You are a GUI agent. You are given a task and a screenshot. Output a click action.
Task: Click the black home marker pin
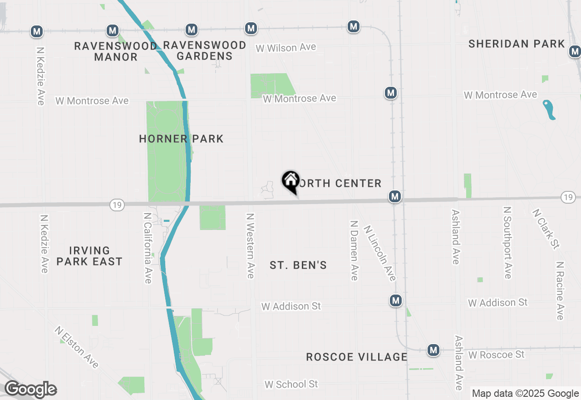(x=290, y=181)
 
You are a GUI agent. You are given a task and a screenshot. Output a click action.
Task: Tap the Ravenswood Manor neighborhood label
(x=116, y=51)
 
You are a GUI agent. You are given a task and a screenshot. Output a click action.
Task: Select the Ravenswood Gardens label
(x=204, y=50)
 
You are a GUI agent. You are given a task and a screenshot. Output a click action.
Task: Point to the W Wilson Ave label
(x=286, y=48)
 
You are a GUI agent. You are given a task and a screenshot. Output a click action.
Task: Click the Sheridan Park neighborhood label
(x=517, y=44)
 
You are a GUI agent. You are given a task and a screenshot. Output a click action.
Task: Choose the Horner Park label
(x=181, y=139)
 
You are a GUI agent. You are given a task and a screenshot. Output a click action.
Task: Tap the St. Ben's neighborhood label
(x=298, y=265)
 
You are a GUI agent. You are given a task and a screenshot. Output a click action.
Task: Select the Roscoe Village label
(x=357, y=357)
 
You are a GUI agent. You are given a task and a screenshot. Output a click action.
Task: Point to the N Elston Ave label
(x=77, y=347)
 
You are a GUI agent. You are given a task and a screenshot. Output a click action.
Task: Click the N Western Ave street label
(x=250, y=245)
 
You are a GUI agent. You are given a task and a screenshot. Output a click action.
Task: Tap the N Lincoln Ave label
(x=380, y=253)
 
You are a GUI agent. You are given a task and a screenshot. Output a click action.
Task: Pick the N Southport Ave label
(x=507, y=242)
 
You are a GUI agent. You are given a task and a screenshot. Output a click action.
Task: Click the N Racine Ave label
(x=560, y=290)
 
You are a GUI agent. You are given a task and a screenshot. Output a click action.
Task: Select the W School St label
(x=291, y=384)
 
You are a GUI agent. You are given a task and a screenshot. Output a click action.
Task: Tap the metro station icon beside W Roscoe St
(x=433, y=350)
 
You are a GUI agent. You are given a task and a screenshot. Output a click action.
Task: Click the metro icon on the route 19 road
(x=395, y=196)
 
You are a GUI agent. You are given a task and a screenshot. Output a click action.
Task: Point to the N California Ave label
(x=148, y=248)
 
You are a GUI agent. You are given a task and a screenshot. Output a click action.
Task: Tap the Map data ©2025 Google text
(x=525, y=394)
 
